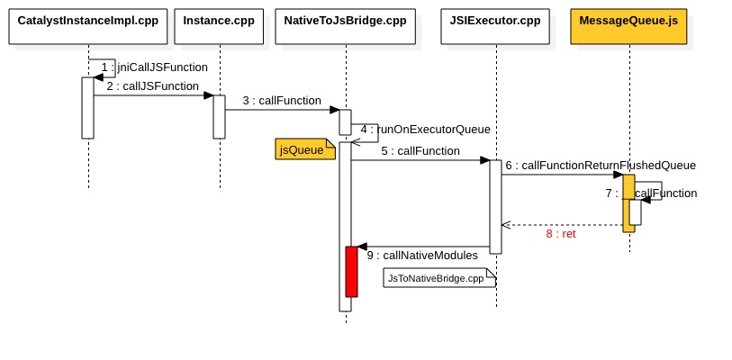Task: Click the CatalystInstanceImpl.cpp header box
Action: [x=88, y=21]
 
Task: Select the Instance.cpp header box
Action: [x=219, y=21]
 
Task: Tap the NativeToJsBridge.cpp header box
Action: [x=345, y=21]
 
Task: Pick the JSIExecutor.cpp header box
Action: [x=495, y=21]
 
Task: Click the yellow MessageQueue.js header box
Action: [x=628, y=21]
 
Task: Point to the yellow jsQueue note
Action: [x=303, y=150]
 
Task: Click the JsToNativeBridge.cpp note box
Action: [x=439, y=279]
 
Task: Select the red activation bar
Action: [x=351, y=271]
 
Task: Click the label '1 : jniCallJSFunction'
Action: [x=154, y=67]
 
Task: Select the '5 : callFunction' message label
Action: [x=420, y=151]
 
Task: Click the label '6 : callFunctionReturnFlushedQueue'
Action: [x=600, y=166]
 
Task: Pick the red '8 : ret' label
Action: [x=560, y=233]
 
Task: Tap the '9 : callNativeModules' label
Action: [x=422, y=256]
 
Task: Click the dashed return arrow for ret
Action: [x=562, y=224]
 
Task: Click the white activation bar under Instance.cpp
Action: [x=219, y=117]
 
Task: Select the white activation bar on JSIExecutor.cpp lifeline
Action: [x=495, y=207]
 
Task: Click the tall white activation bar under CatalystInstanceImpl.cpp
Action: [x=87, y=108]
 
